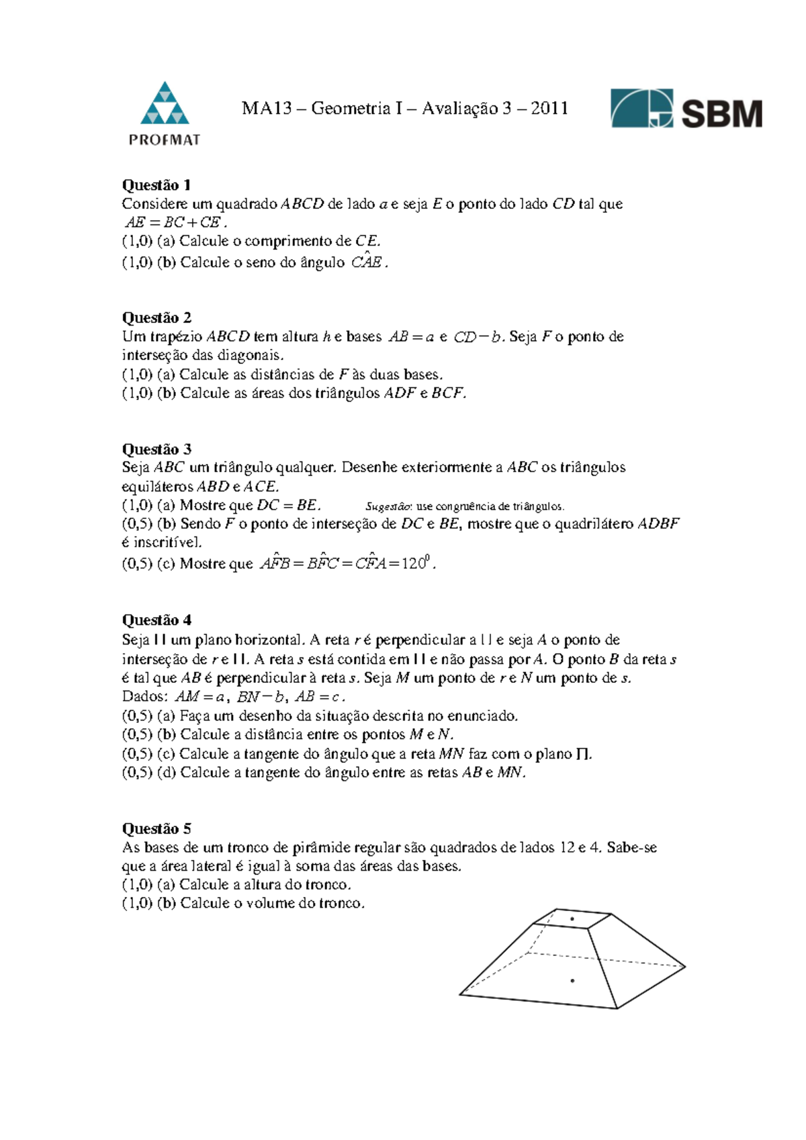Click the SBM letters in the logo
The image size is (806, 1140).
722,113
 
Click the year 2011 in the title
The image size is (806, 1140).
549,108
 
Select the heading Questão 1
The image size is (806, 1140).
156,185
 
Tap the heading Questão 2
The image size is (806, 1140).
156,318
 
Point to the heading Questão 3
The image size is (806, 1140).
156,449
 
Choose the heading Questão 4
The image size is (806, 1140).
156,620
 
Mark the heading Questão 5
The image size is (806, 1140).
156,828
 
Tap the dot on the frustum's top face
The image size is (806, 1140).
572,918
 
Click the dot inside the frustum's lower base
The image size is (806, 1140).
572,981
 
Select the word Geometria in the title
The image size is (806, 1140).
351,108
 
